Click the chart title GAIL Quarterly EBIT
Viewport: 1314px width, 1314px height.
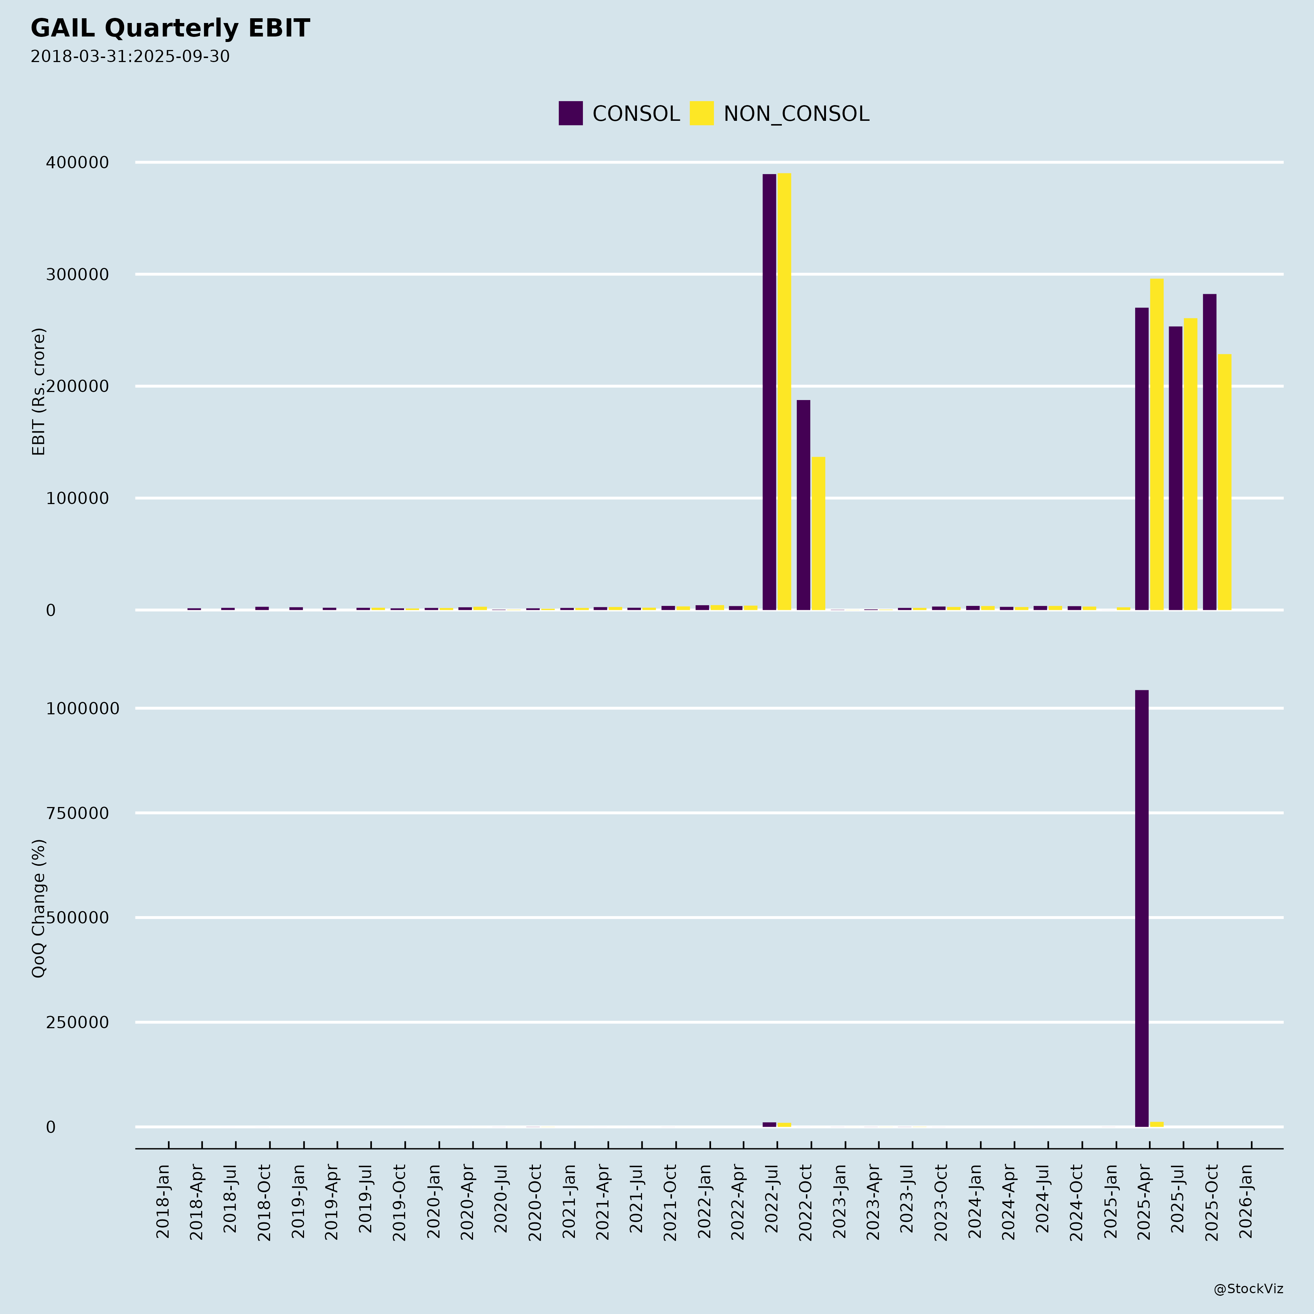tap(170, 28)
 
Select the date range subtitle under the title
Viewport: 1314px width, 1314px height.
tap(130, 57)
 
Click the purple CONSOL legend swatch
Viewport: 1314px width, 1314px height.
tap(570, 113)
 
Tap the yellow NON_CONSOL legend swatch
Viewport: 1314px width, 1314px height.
tap(701, 113)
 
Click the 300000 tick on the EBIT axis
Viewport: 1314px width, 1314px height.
tap(77, 275)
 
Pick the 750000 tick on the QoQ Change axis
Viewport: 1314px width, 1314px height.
tap(77, 813)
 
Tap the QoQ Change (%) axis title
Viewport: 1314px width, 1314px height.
tap(39, 908)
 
